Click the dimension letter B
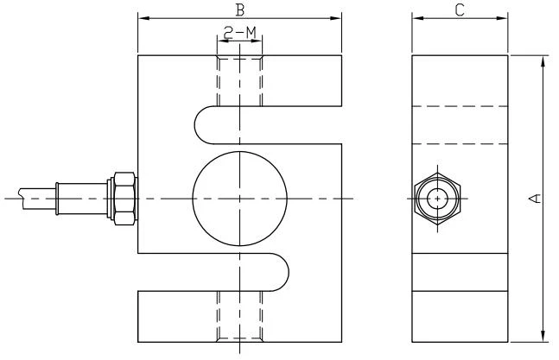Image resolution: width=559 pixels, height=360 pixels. [x=240, y=9]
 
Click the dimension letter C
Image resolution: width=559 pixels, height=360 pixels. [x=460, y=9]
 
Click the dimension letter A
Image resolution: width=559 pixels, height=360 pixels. [x=534, y=198]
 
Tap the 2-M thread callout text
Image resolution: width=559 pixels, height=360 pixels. [x=240, y=33]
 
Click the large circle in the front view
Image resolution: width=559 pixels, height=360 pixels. [x=193, y=199]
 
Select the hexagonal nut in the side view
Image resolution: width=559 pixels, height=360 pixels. [x=416, y=199]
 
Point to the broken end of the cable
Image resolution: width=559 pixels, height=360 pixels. [x=22, y=199]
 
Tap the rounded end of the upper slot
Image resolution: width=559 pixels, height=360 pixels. [x=195, y=125]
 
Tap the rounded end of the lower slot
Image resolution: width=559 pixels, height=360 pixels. [x=288, y=273]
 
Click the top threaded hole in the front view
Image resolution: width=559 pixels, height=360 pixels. [x=240, y=81]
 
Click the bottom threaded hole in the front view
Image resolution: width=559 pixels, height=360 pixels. [x=240, y=317]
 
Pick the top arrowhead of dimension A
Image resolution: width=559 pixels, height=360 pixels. [x=543, y=61]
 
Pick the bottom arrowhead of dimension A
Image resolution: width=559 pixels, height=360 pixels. [x=543, y=337]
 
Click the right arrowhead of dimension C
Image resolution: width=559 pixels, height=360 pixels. [x=502, y=18]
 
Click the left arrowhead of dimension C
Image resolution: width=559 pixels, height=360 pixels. [x=418, y=18]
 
